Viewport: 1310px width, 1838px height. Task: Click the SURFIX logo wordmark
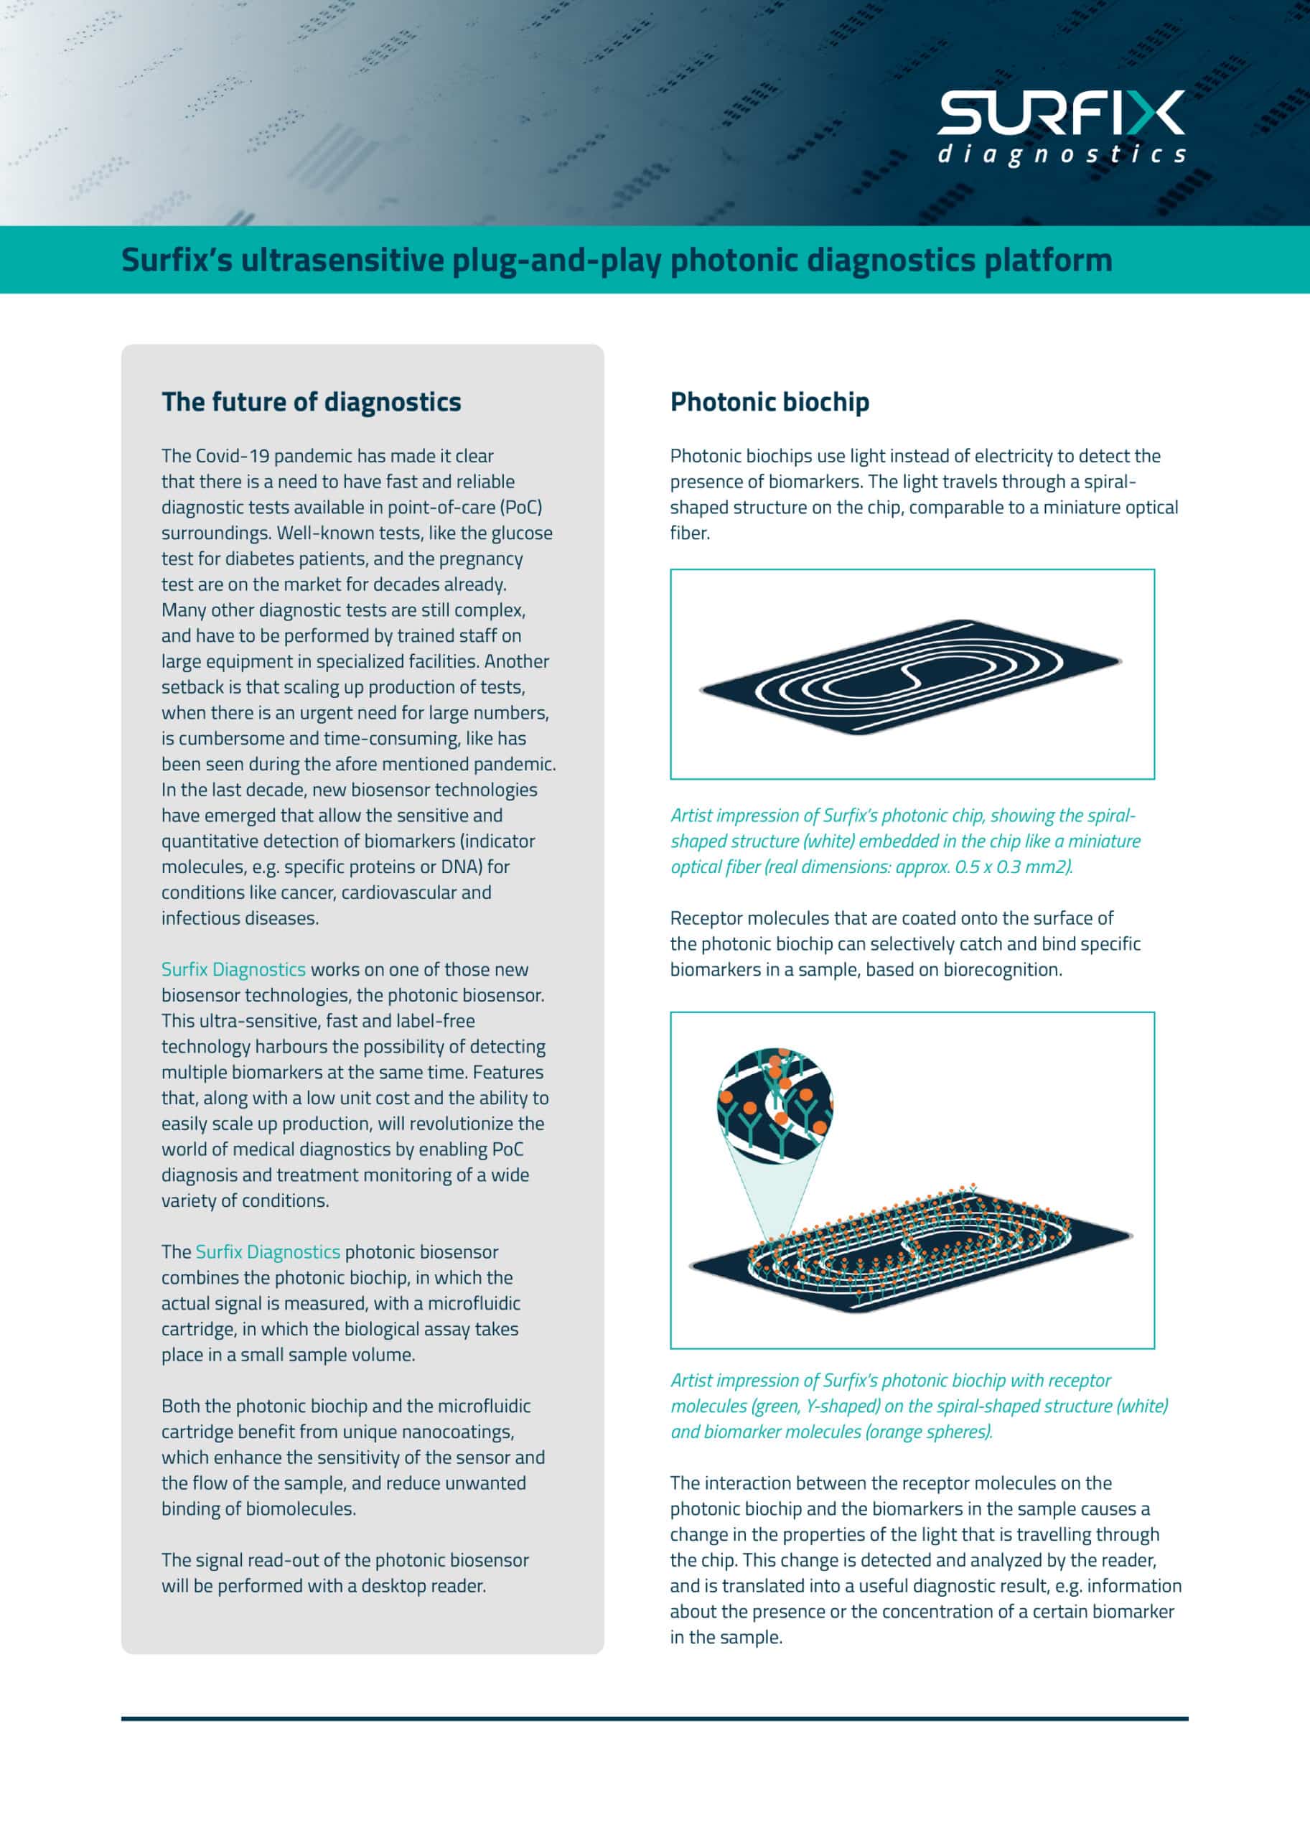click(x=1060, y=113)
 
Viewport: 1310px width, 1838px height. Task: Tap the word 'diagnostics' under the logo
click(x=1060, y=154)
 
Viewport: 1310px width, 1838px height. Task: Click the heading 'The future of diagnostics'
click(x=311, y=402)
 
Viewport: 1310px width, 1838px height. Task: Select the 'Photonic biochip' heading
click(x=769, y=402)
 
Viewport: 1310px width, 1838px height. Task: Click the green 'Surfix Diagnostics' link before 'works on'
click(x=233, y=969)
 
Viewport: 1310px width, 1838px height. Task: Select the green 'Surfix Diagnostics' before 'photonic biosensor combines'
click(x=267, y=1251)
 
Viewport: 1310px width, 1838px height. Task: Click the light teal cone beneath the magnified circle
click(x=775, y=1194)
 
